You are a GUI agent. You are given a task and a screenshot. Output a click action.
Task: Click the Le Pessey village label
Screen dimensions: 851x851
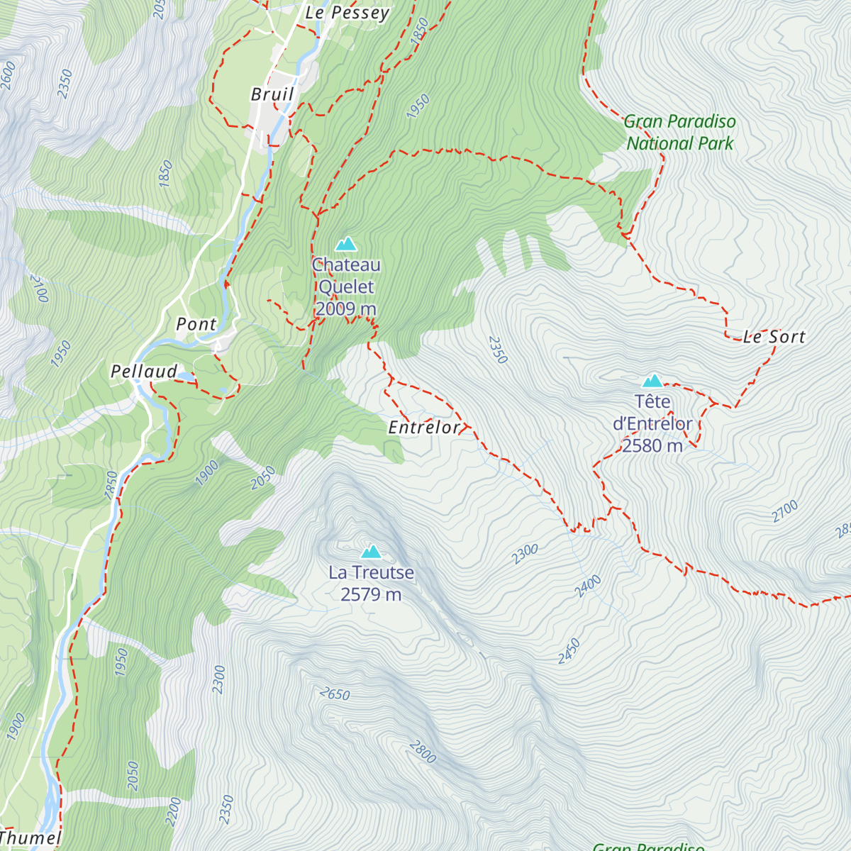point(347,13)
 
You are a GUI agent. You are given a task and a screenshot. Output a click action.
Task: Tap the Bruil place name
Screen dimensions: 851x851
point(272,94)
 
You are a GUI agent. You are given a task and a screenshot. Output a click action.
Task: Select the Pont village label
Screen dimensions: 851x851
point(196,324)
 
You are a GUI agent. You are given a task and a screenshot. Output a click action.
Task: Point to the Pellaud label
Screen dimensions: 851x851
point(144,372)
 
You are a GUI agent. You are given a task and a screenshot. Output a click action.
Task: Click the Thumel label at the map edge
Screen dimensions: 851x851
point(30,838)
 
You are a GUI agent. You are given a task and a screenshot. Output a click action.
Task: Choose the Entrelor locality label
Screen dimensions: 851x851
point(424,428)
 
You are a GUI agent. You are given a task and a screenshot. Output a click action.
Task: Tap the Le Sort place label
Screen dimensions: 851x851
point(774,337)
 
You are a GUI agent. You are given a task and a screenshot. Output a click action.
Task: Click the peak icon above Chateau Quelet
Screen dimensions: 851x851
point(346,244)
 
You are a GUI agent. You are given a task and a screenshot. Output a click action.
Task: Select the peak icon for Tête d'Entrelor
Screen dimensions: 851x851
point(652,381)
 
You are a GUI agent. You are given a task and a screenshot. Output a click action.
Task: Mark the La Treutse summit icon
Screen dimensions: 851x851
point(371,552)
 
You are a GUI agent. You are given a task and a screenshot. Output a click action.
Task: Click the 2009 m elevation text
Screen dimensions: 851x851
point(346,309)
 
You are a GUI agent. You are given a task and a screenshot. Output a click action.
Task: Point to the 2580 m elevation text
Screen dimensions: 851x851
point(652,446)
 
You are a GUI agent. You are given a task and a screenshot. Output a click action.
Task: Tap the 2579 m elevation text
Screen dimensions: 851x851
point(371,594)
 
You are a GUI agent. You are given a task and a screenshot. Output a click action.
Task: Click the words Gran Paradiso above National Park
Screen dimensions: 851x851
point(680,122)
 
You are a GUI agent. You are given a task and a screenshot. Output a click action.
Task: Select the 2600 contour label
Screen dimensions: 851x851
point(8,76)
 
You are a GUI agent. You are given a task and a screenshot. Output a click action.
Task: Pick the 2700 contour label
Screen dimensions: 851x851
point(785,511)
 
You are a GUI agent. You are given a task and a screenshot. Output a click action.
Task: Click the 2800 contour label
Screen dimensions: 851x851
point(422,752)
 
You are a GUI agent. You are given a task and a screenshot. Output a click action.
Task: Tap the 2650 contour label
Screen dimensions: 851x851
point(335,694)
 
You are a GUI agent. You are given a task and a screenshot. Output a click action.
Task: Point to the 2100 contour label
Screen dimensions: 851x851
point(39,289)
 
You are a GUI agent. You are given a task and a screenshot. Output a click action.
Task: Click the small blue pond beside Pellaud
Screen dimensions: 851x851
point(186,376)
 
